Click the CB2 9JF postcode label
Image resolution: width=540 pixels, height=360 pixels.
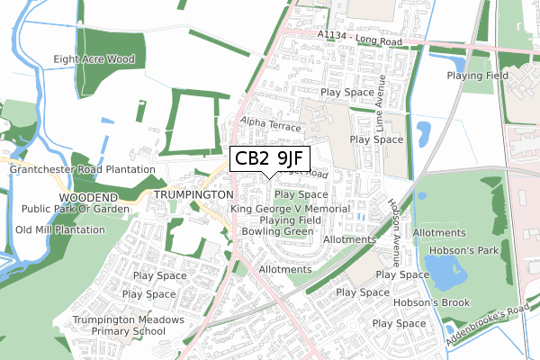coord(269,159)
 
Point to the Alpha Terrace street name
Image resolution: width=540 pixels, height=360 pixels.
coord(270,125)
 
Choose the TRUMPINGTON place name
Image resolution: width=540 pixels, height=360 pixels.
coord(193,194)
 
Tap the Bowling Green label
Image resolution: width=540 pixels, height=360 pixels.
coord(277,231)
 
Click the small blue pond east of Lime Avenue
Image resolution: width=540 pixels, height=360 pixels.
coord(423,132)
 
